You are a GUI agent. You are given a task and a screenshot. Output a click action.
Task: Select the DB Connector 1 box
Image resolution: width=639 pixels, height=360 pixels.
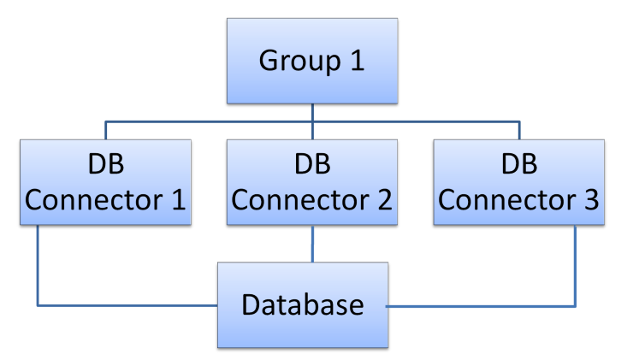(x=105, y=182)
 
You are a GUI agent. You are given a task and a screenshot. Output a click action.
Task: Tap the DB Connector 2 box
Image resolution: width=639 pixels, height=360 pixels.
(x=311, y=182)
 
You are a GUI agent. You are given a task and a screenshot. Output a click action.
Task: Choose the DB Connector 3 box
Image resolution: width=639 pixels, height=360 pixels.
(x=518, y=182)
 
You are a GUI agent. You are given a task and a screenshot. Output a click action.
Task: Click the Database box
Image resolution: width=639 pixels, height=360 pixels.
(x=303, y=304)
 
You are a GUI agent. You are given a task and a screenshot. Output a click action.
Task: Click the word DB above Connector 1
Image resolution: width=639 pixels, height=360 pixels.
(x=105, y=163)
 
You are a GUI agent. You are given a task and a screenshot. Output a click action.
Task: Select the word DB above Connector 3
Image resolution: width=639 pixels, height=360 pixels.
(x=518, y=163)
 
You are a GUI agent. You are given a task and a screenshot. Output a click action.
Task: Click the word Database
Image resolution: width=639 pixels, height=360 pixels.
(x=303, y=304)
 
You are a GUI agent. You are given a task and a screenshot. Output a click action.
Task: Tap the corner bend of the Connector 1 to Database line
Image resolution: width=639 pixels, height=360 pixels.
(x=38, y=304)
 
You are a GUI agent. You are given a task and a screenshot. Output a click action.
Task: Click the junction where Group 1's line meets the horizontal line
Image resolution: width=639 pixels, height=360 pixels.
(x=311, y=121)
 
